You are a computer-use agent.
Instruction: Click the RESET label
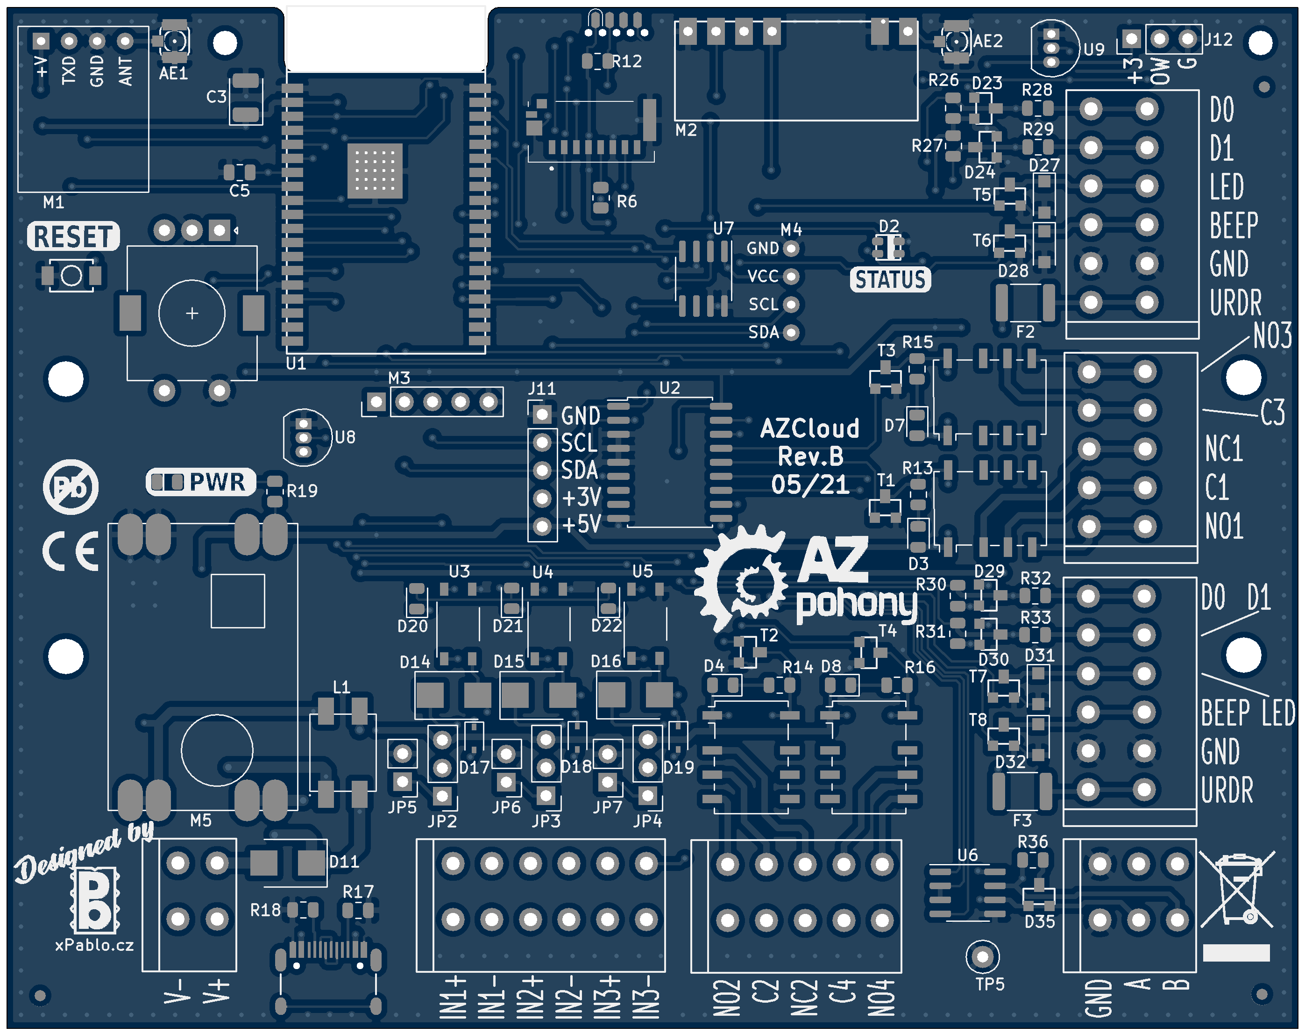click(73, 236)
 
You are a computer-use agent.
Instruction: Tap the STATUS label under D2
click(890, 280)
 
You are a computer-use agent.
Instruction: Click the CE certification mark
click(70, 551)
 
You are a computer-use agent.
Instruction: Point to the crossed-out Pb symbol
click(71, 487)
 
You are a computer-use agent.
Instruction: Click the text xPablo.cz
click(94, 945)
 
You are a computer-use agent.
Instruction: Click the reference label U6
click(967, 855)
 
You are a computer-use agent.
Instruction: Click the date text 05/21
click(810, 485)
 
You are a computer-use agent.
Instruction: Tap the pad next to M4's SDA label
click(791, 332)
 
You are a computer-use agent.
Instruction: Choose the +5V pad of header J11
click(542, 526)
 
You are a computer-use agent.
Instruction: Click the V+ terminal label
click(217, 991)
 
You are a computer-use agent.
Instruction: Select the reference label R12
click(627, 61)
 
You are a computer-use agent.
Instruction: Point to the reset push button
click(71, 276)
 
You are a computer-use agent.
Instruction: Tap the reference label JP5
click(402, 807)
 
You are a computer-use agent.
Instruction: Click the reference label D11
click(344, 862)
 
